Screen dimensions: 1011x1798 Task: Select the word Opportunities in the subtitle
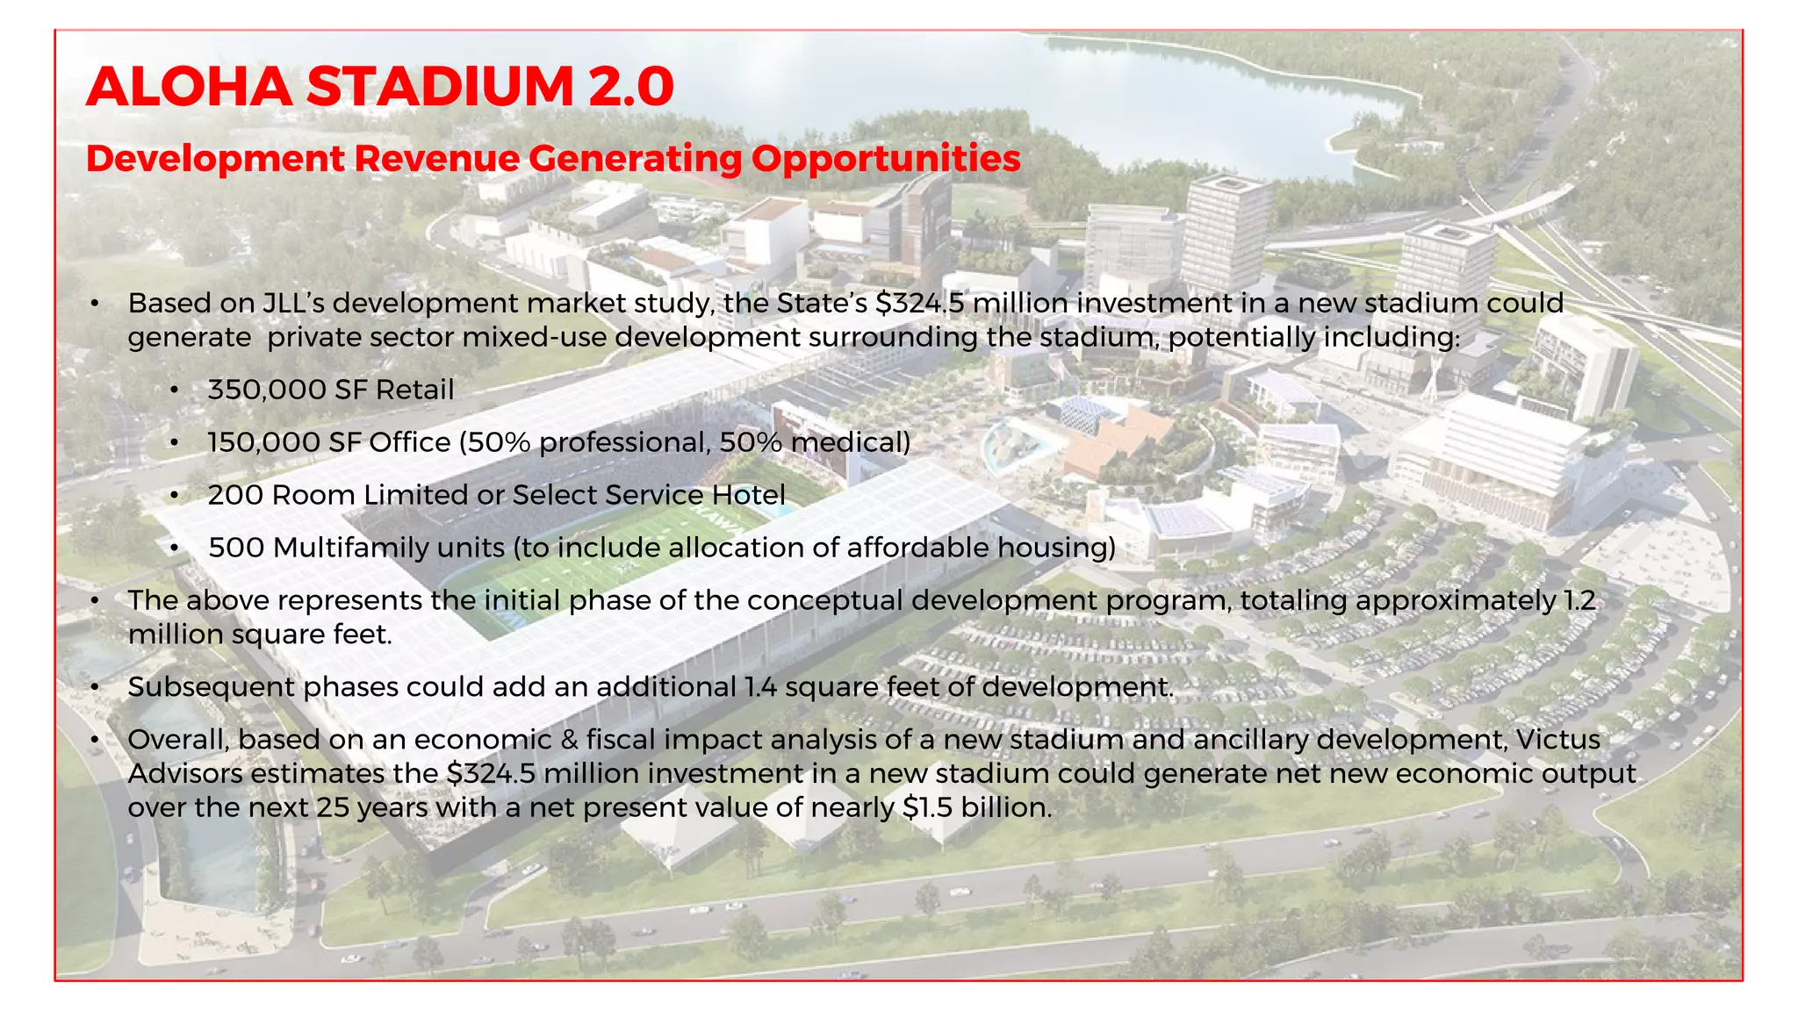pos(886,159)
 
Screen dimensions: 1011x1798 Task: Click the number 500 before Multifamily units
pos(236,548)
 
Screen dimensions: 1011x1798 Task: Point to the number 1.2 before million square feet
pos(1579,600)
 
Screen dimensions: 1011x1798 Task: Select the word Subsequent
pos(210,687)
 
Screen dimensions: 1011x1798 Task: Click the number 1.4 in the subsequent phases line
pos(760,687)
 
